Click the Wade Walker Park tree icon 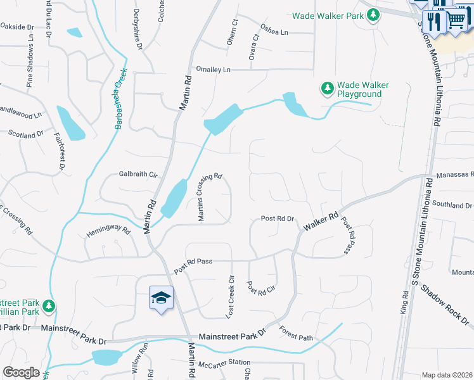click(x=374, y=15)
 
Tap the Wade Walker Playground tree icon click(x=327, y=89)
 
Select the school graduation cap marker click(x=161, y=297)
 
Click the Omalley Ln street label click(x=214, y=69)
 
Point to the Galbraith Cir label click(x=138, y=174)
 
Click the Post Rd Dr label click(x=278, y=218)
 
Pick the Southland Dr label click(x=451, y=205)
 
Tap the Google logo click(x=21, y=372)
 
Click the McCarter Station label click(x=224, y=363)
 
